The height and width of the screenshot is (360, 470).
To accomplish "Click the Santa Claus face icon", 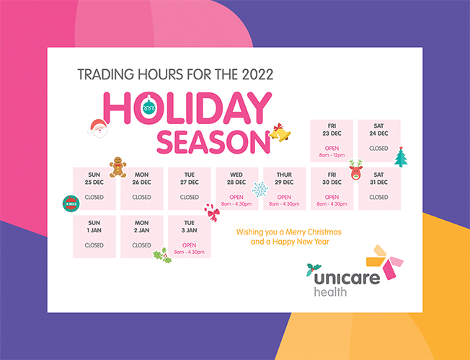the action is pos(98,128).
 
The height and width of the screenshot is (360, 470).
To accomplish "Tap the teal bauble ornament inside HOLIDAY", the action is pos(149,105).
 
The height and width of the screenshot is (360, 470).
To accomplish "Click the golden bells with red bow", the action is pos(280,132).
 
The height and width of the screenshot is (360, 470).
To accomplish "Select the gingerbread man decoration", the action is pos(117,167).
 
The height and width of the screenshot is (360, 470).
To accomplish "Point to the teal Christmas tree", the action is pos(401,157).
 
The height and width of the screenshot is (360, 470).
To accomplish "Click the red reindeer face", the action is pos(356,170).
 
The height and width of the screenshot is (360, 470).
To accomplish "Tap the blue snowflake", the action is pos(260,189).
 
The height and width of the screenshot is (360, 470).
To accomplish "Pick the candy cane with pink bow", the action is pos(212,213).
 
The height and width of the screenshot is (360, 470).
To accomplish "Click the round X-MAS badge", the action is pos(71,203).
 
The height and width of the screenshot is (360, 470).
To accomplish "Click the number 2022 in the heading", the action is pos(258,74).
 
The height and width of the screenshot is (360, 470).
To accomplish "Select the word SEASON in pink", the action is pos(213,142).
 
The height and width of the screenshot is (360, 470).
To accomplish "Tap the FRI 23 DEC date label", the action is pos(332,130).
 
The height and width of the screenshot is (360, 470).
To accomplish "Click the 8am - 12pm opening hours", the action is pos(332,155).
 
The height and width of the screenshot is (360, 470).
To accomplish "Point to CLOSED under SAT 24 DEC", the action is pos(378,148).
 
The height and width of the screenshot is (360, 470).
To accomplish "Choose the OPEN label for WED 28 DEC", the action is pos(236,197).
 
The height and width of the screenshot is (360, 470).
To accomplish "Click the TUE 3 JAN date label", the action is pos(189,227).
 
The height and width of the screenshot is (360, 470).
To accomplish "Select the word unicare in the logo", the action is pos(347,278).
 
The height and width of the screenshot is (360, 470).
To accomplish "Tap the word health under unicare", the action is pos(330,291).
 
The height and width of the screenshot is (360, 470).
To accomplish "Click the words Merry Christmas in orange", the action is pos(314,232).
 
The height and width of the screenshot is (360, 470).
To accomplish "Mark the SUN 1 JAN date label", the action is pos(94,227).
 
